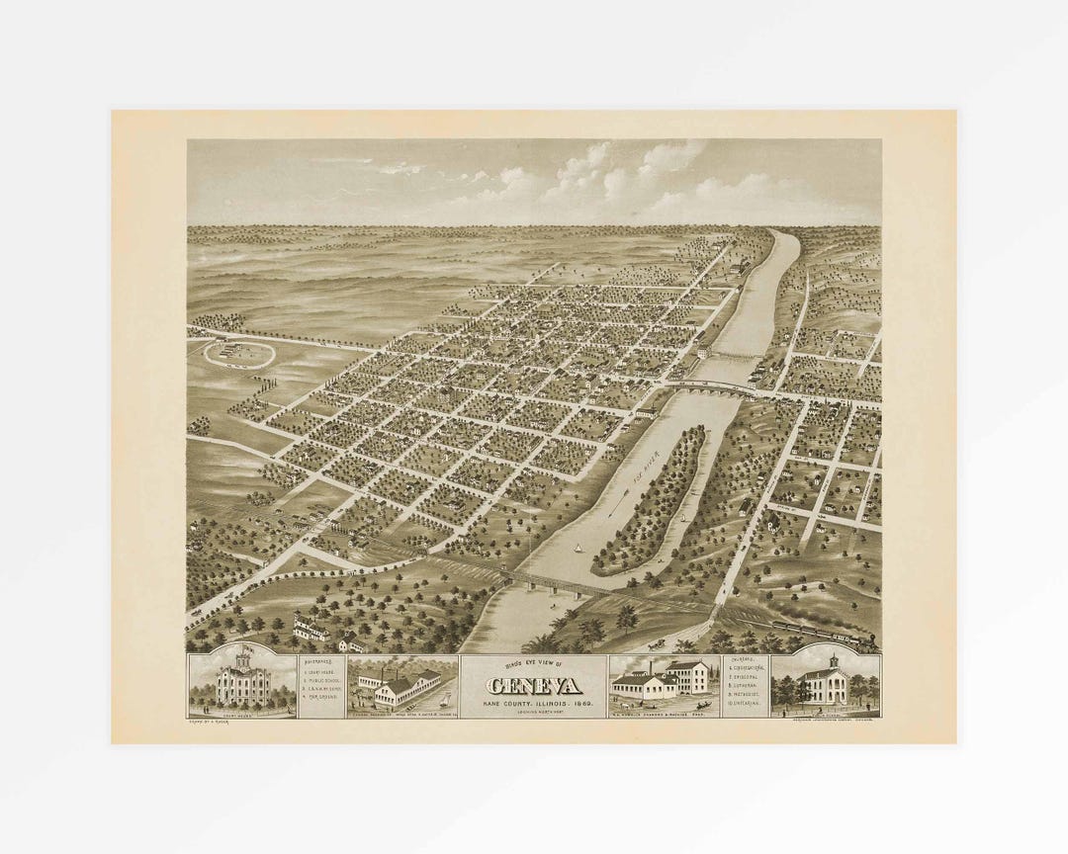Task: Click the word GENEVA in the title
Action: (534, 687)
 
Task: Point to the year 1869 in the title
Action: (581, 703)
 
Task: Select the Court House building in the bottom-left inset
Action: (240, 684)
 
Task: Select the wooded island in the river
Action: (653, 499)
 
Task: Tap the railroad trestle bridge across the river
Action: (554, 583)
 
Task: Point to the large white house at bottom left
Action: (312, 628)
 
